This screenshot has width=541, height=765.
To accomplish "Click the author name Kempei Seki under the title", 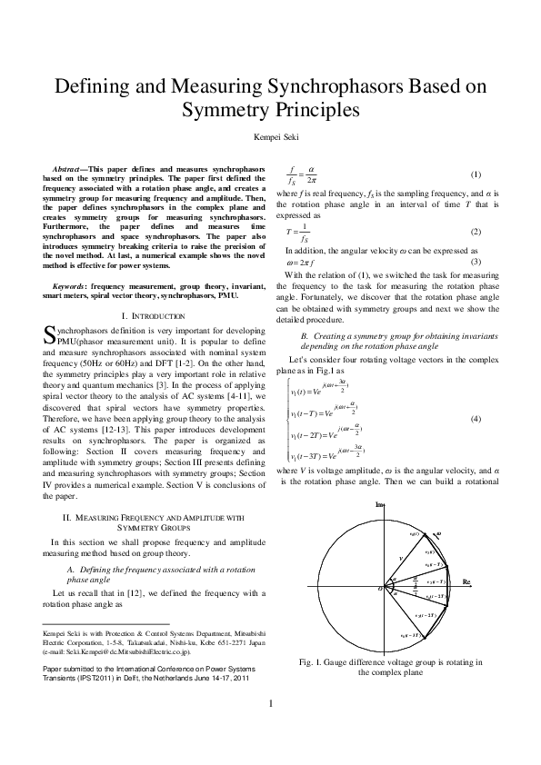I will (271, 138).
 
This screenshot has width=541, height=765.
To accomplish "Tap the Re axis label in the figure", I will (466, 581).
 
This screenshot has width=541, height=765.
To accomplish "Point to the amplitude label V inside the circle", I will (400, 559).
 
